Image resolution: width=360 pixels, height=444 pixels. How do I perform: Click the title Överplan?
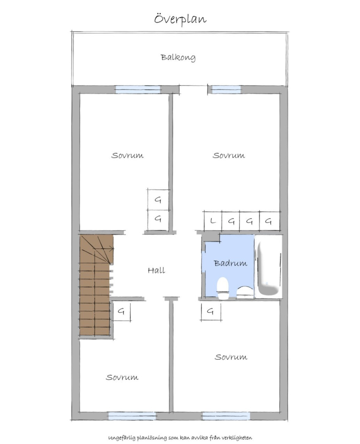pyautogui.click(x=180, y=20)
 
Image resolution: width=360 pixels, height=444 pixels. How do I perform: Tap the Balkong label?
pyautogui.click(x=178, y=58)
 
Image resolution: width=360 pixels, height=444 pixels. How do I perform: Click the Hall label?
pyautogui.click(x=157, y=270)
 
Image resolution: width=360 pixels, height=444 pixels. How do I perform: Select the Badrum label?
pyautogui.click(x=231, y=263)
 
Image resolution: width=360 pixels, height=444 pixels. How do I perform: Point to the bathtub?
pyautogui.click(x=268, y=267)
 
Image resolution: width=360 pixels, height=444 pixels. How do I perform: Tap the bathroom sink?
pyautogui.click(x=245, y=293)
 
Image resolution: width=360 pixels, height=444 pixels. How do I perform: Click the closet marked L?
pyautogui.click(x=213, y=221)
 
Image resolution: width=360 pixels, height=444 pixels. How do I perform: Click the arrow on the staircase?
pyautogui.click(x=104, y=249)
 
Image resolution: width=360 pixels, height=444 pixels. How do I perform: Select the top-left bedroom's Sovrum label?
pyautogui.click(x=127, y=156)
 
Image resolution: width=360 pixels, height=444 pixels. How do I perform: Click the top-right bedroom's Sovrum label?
pyautogui.click(x=229, y=156)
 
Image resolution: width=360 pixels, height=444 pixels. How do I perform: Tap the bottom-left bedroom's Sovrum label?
pyautogui.click(x=122, y=377)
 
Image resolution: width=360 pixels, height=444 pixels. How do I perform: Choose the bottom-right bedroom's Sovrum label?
pyautogui.click(x=231, y=357)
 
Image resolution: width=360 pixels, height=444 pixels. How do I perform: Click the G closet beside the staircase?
pyautogui.click(x=122, y=312)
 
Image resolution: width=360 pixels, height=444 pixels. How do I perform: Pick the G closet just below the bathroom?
pyautogui.click(x=211, y=311)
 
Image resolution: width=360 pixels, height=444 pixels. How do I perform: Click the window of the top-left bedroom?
pyautogui.click(x=138, y=90)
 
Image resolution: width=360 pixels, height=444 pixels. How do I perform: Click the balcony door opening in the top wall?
pyautogui.click(x=193, y=90)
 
